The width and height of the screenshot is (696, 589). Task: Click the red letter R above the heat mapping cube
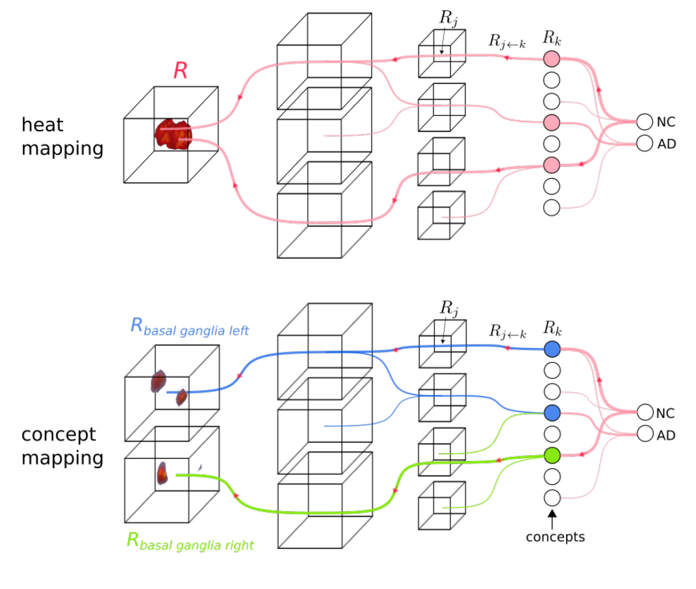point(180,71)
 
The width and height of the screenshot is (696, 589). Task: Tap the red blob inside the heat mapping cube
point(172,134)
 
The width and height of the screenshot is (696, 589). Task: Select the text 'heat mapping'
point(62,137)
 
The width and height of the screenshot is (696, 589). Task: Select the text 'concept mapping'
point(62,446)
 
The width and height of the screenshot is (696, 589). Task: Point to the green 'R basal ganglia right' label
point(190,541)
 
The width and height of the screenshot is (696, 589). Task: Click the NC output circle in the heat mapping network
point(644,122)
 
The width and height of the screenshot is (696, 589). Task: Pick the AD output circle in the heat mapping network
point(644,143)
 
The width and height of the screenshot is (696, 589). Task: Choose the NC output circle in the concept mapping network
point(644,412)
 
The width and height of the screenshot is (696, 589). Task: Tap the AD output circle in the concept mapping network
point(644,434)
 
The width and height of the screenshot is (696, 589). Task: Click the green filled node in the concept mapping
point(551,455)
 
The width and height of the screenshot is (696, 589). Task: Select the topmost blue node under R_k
point(551,349)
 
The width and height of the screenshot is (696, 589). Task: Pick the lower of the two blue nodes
point(551,412)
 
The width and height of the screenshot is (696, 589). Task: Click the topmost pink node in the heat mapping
point(551,59)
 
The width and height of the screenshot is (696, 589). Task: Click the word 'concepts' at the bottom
point(555,537)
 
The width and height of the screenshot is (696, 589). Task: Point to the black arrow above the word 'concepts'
point(551,518)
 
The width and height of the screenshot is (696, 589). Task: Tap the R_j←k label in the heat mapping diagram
point(507,41)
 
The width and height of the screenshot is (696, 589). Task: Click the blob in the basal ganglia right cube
point(162,473)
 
